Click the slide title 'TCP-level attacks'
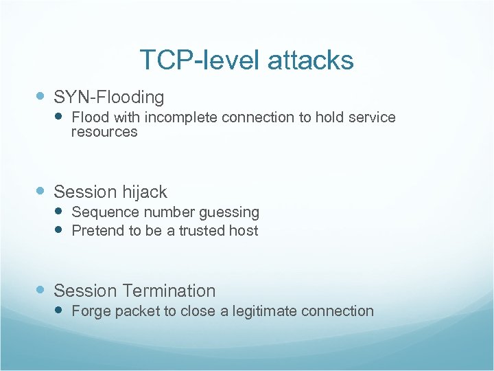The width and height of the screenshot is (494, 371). (246, 60)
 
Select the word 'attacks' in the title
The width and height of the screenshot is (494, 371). (311, 60)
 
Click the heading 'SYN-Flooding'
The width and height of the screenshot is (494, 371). (109, 98)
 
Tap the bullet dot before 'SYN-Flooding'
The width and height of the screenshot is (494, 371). (43, 98)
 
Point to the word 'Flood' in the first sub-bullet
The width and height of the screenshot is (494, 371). (89, 117)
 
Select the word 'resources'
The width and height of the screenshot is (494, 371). (104, 132)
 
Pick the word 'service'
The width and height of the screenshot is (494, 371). (373, 117)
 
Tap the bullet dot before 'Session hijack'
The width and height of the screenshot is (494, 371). (43, 192)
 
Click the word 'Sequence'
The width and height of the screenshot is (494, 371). (101, 212)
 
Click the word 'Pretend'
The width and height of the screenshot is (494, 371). (97, 231)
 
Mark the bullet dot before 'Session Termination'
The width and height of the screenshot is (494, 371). (43, 291)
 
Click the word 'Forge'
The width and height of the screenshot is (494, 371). (91, 311)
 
